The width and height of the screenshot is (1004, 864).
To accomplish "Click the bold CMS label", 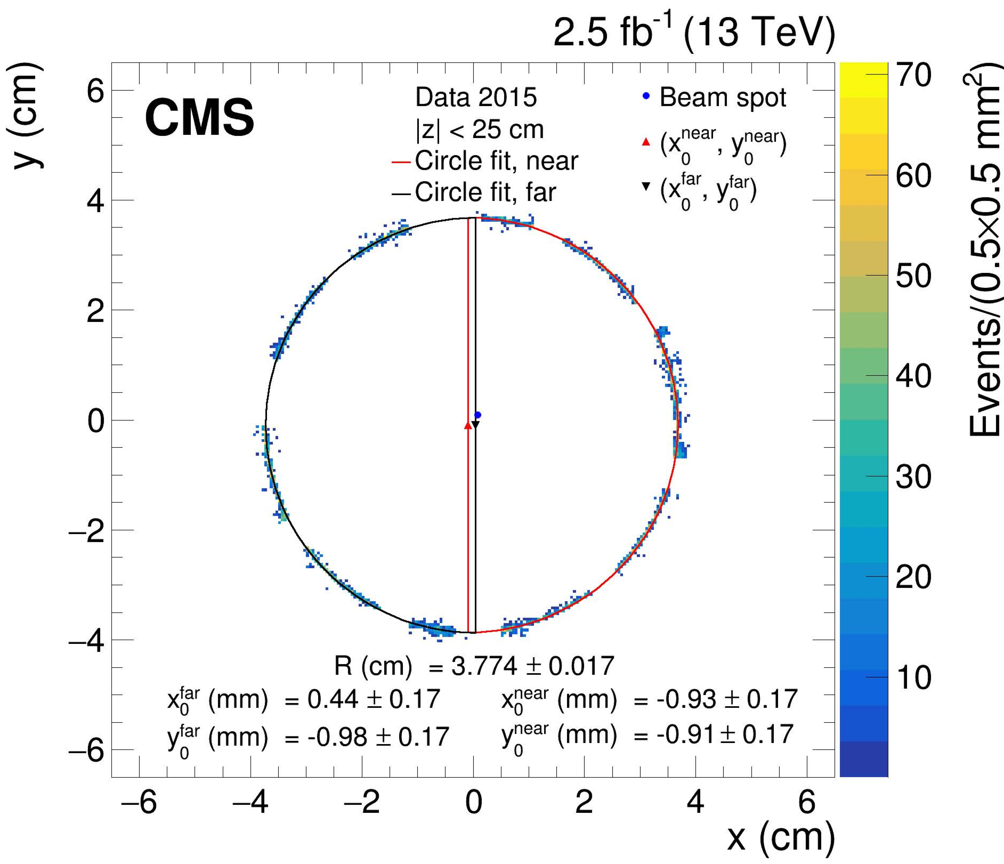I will (x=199, y=118).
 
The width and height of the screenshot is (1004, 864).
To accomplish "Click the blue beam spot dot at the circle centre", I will (x=477, y=415).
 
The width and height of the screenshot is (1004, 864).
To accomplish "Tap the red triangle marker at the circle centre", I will (x=468, y=425).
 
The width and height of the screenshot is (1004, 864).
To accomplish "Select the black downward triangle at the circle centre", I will (x=475, y=425).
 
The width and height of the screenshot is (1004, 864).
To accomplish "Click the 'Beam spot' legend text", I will (x=722, y=98).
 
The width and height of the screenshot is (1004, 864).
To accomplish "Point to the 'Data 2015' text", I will (x=475, y=98).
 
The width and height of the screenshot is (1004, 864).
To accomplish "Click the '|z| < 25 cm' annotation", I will (x=479, y=130).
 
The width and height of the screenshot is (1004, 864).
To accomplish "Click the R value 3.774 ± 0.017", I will (x=532, y=666).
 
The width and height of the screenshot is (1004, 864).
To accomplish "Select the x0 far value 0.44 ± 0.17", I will (x=373, y=699).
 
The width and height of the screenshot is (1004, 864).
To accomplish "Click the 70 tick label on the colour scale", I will (x=913, y=75).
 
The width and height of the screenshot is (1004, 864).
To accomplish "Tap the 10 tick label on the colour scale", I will (x=913, y=677).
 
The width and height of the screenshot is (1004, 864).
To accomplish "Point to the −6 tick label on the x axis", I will (x=139, y=802).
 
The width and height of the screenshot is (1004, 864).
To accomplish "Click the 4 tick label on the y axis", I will (x=96, y=201).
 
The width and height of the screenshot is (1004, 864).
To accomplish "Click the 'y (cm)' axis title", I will (x=27, y=115).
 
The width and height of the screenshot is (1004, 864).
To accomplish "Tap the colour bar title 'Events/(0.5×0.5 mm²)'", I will (x=984, y=251).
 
